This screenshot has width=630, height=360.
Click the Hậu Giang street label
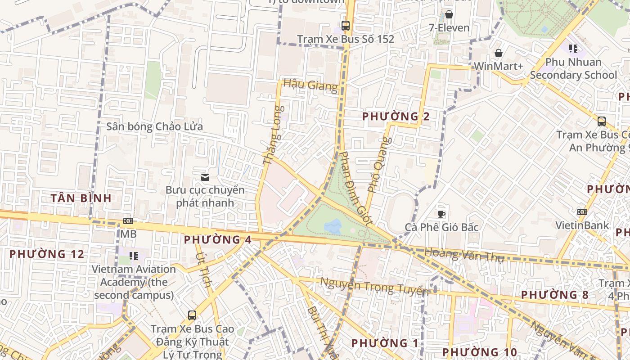(x=310, y=85)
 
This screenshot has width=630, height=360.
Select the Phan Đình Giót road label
(x=355, y=189)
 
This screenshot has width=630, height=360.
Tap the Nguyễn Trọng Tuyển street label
(x=373, y=286)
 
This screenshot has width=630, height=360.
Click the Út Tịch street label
(x=203, y=269)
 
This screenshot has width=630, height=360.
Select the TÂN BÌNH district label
(x=81, y=198)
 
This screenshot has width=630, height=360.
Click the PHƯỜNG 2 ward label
(x=396, y=117)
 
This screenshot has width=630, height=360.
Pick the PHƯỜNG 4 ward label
(x=217, y=239)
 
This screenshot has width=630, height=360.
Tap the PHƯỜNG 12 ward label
(x=47, y=254)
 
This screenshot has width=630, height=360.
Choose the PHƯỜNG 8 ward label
(x=554, y=295)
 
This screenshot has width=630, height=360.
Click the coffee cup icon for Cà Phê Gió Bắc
(x=441, y=214)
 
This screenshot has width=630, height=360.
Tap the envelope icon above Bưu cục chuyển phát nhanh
(x=205, y=177)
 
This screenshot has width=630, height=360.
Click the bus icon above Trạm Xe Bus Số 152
(x=346, y=26)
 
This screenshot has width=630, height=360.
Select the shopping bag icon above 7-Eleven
(x=449, y=14)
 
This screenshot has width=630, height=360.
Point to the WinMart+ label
(x=499, y=66)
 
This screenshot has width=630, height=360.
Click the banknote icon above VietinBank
(x=582, y=212)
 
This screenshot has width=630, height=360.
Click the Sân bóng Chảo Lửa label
(x=154, y=126)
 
